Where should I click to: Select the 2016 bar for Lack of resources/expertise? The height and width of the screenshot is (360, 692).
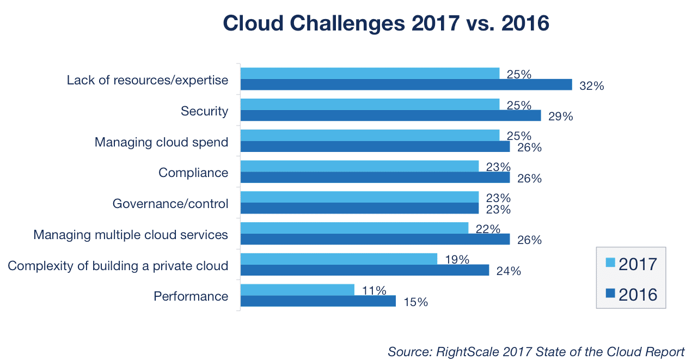406,84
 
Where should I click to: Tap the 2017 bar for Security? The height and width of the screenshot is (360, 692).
370,104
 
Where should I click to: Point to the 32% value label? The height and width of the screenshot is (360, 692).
592,86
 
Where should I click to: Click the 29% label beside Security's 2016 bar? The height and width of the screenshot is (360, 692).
561,117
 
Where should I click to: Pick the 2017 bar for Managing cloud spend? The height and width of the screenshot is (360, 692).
370,135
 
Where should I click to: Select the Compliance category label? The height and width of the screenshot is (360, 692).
193,173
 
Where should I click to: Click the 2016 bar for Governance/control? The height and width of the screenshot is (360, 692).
359,208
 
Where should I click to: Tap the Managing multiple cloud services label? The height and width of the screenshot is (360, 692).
131,235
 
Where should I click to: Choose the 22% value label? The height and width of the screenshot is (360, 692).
488,229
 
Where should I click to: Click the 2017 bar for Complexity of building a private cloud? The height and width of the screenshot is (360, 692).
339,259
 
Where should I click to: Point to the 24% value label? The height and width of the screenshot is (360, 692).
509,271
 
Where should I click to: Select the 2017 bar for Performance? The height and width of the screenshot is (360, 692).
297,290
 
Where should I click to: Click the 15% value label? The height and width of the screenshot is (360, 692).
415,302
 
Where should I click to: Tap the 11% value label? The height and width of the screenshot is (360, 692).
374,291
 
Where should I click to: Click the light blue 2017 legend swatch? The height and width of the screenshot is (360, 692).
610,264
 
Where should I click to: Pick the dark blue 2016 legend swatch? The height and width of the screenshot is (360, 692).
610,294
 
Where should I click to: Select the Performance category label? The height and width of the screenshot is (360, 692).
191,296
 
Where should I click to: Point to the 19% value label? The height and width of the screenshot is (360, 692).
457,260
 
